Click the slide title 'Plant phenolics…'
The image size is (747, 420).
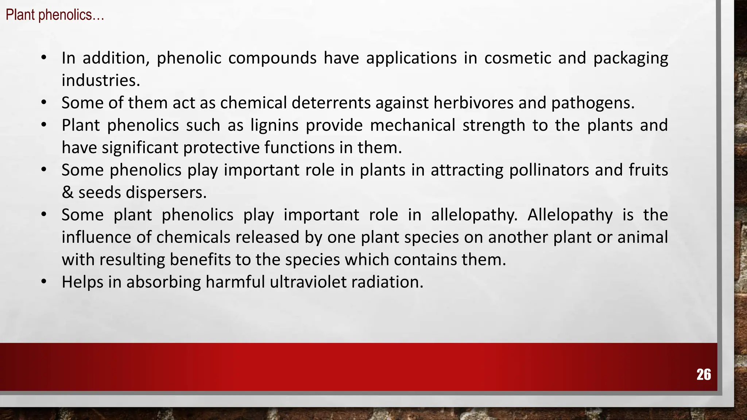(x=55, y=15)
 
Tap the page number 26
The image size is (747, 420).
(x=704, y=374)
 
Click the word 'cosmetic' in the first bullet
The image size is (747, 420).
(x=518, y=58)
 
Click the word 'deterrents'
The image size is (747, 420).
(x=331, y=103)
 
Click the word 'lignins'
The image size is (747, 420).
(x=274, y=125)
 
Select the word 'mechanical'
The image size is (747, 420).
(x=413, y=125)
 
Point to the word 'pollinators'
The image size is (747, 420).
(x=549, y=170)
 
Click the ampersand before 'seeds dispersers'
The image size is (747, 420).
(x=67, y=192)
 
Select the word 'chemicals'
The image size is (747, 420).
(x=193, y=237)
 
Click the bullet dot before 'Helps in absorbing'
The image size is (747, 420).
(x=44, y=281)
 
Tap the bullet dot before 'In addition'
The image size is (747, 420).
(x=44, y=58)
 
